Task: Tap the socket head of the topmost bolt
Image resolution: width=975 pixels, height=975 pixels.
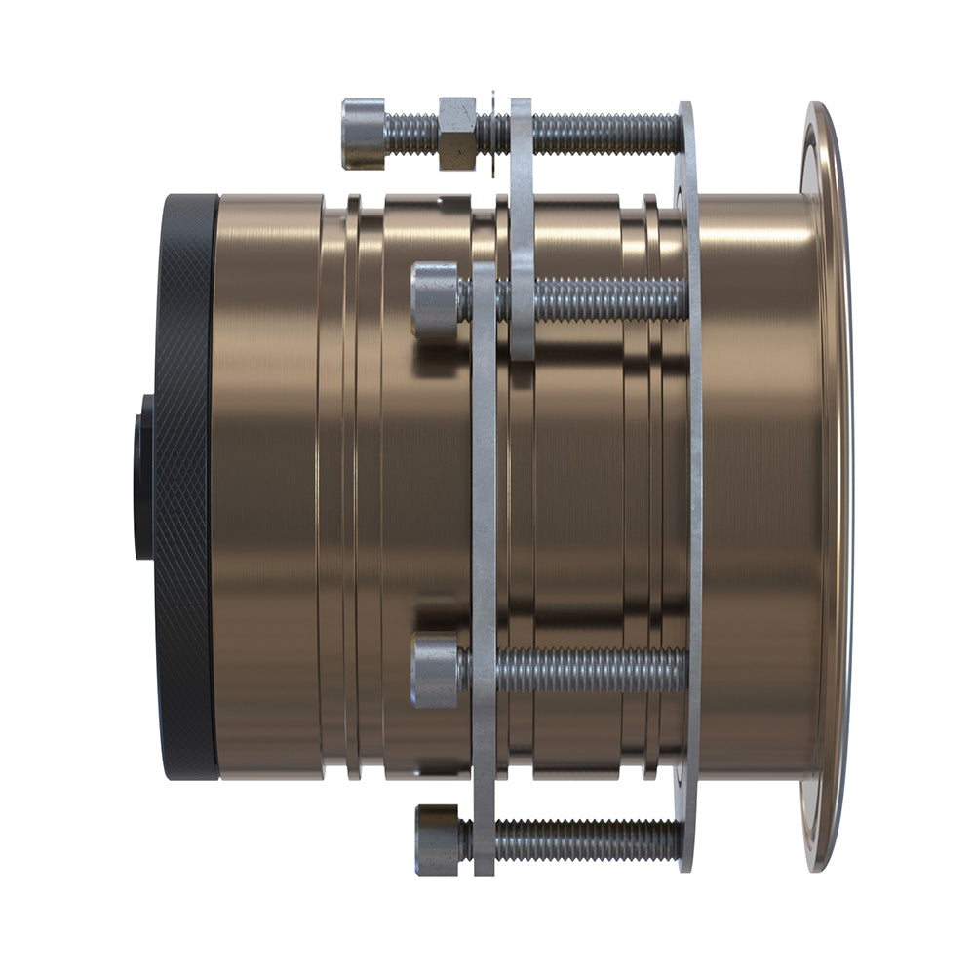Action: coord(364,134)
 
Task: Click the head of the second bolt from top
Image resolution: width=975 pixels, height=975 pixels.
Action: coord(434,300)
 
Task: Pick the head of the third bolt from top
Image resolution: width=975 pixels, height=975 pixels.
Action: coord(435,671)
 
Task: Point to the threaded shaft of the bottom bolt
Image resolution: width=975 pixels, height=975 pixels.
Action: coord(585,838)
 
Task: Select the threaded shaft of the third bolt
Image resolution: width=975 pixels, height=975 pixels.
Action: coord(585,671)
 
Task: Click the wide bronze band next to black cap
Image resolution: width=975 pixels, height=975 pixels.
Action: coord(268,487)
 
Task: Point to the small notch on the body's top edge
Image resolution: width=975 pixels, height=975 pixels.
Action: coord(444,200)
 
